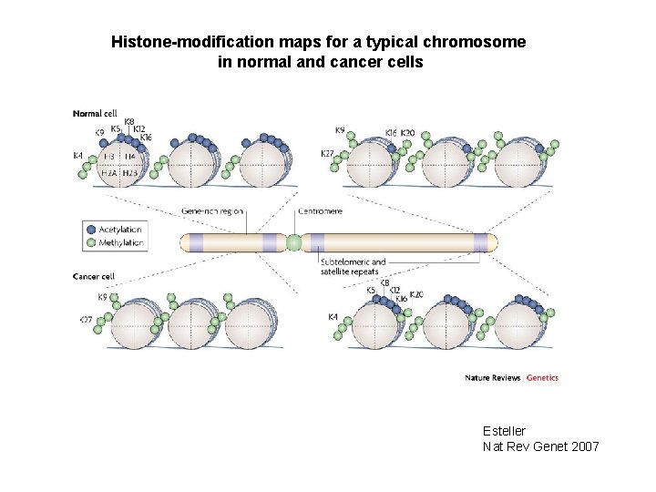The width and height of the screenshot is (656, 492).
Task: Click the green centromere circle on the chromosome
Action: pyautogui.click(x=293, y=242)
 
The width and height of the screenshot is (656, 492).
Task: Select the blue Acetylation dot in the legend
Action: pyautogui.click(x=90, y=230)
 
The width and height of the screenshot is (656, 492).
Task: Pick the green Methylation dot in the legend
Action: pyautogui.click(x=90, y=242)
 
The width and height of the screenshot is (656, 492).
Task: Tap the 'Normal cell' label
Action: pyautogui.click(x=95, y=114)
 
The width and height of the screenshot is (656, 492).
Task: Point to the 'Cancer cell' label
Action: pyautogui.click(x=94, y=277)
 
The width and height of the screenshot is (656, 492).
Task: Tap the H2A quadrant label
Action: pyautogui.click(x=109, y=172)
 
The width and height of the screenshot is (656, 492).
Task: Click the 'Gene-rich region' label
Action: pyautogui.click(x=212, y=210)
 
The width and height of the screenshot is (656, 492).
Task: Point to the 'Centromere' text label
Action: pyautogui.click(x=321, y=210)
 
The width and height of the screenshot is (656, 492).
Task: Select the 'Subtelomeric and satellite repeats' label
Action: pyautogui.click(x=354, y=266)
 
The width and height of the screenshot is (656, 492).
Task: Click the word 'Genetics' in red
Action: pyautogui.click(x=542, y=377)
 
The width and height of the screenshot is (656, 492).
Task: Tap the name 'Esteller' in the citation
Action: pyautogui.click(x=504, y=430)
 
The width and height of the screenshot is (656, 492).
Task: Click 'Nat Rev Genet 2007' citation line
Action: pyautogui.click(x=540, y=446)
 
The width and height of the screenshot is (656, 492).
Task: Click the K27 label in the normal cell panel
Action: pyautogui.click(x=327, y=154)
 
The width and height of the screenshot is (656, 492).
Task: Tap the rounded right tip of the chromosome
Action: pyautogui.click(x=495, y=242)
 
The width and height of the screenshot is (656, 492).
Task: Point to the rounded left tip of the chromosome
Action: pyautogui.click(x=181, y=242)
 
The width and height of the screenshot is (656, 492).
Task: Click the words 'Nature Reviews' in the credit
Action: pyautogui.click(x=492, y=377)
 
